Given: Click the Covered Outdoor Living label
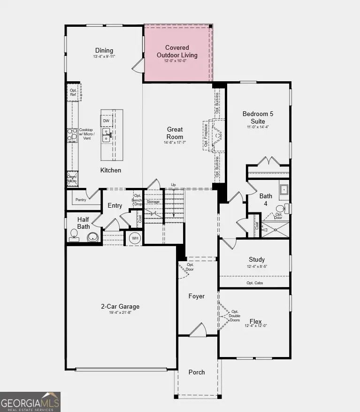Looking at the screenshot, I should coord(177,51).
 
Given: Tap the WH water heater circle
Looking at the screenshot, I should coord(135,238).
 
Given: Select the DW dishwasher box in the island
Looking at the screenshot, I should coord(106,121).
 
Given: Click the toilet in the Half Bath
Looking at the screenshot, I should coord(74,233).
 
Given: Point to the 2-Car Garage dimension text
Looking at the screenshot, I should coord(120,312).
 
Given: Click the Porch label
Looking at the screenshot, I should coord(197,372).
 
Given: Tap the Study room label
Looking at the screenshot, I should coord(257,259).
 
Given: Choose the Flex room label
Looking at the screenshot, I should coord(256,321).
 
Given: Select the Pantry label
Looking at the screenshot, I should coord(81,200).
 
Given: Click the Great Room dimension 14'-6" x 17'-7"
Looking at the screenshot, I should coord(175,142).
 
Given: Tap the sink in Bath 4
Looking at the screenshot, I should coord(284,189).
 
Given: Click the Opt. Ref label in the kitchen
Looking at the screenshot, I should coord(73,93).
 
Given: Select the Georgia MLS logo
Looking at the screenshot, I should coord(30,402).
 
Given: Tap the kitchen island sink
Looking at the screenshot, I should coord(107,137).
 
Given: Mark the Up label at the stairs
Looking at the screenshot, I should coord(174,185).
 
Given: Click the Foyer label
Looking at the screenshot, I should coord(197,296).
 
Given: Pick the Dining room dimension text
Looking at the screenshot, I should coord(104,56).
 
